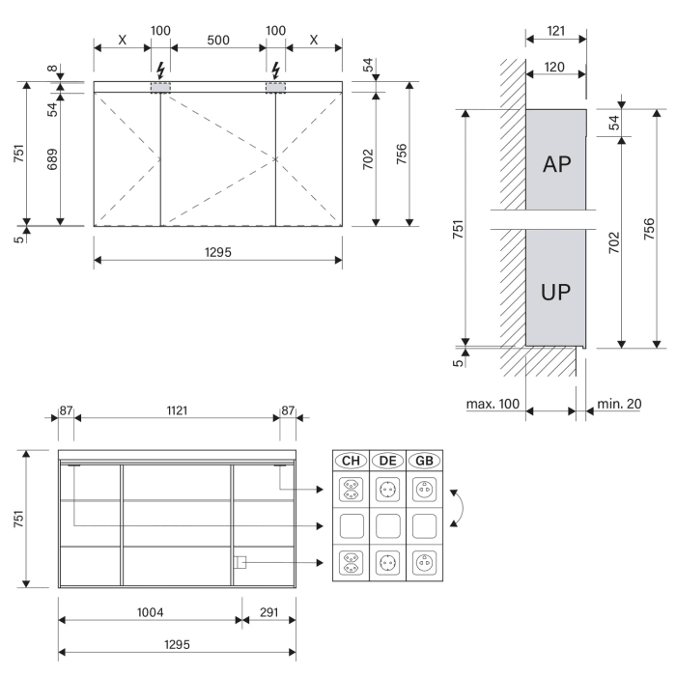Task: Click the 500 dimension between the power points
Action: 217,30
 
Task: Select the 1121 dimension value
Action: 176,410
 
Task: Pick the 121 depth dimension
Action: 555,31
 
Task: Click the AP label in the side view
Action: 555,163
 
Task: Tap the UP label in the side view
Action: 555,293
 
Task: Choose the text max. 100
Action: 493,403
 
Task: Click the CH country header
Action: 351,462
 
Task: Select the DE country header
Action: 388,462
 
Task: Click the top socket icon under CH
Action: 351,490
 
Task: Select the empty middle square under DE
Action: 388,526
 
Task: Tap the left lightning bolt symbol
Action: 160,70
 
